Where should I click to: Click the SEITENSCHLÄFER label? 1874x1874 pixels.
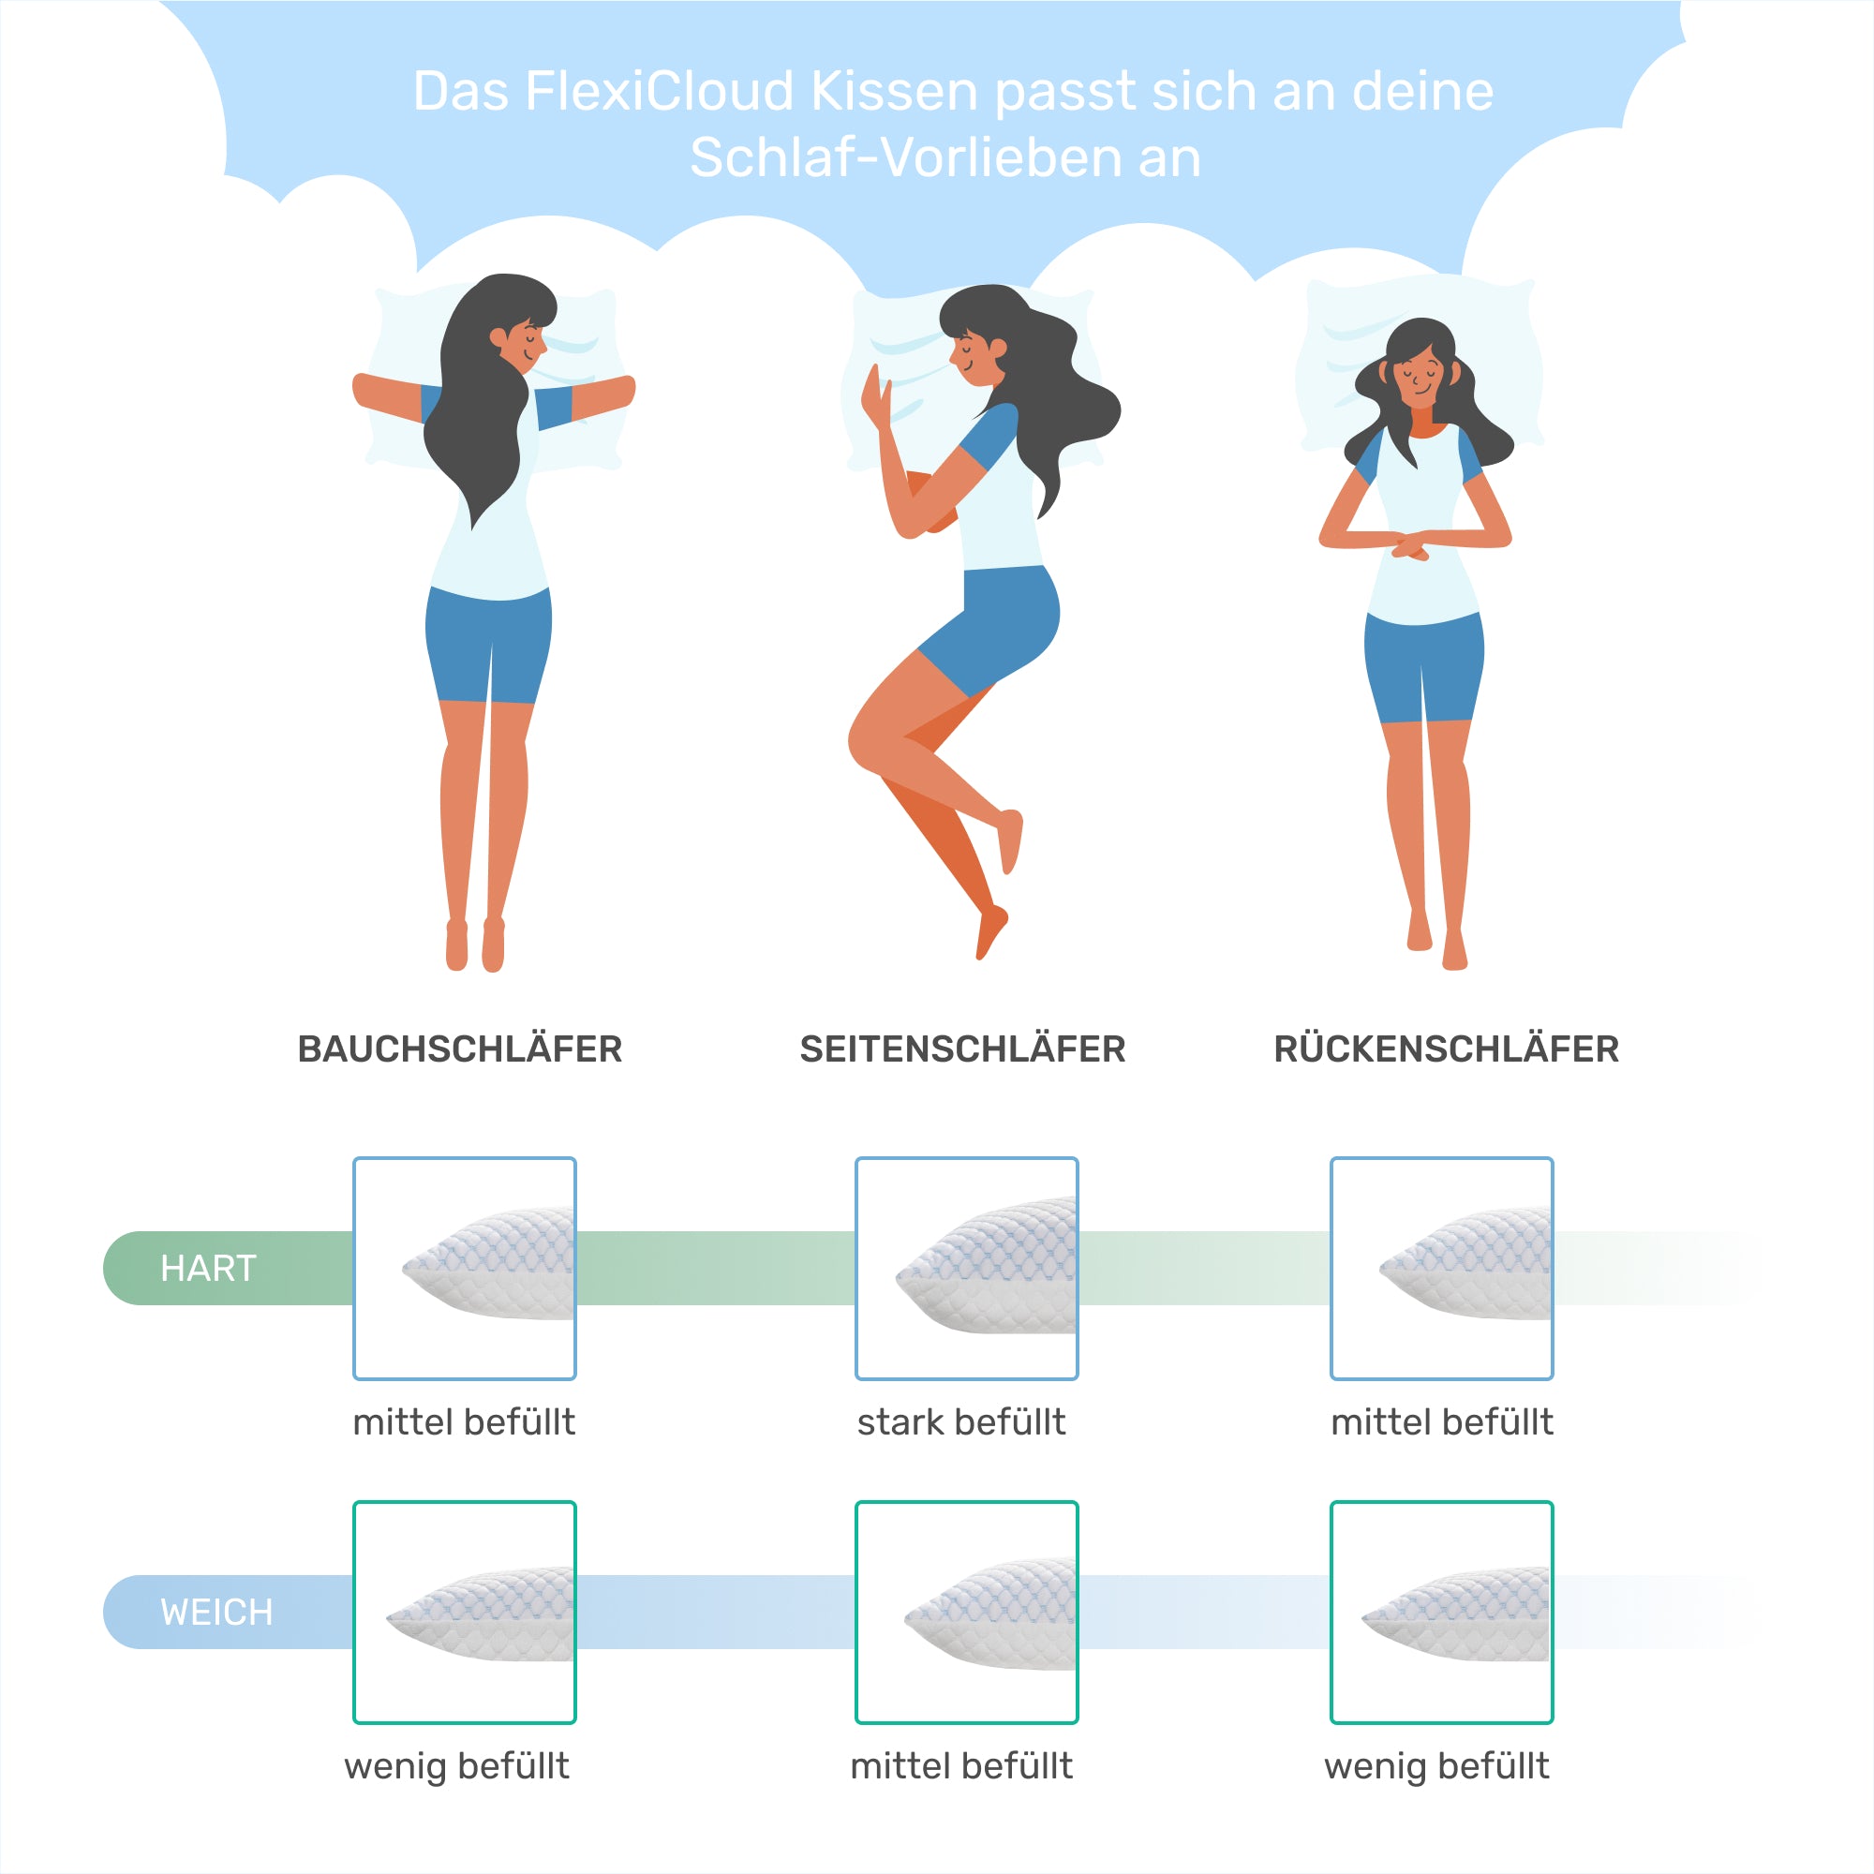coord(962,1049)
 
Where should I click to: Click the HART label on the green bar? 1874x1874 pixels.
coord(209,1268)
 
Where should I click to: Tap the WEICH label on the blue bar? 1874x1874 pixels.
coord(216,1612)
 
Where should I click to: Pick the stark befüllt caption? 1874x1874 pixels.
coord(961,1422)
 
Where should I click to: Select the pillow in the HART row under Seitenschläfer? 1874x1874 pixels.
coord(986,1265)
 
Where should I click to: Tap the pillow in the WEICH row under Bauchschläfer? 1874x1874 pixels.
coord(480,1614)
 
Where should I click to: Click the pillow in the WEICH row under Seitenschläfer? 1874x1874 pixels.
coord(989,1614)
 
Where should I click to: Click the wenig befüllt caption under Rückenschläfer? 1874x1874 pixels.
coord(1436,1766)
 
